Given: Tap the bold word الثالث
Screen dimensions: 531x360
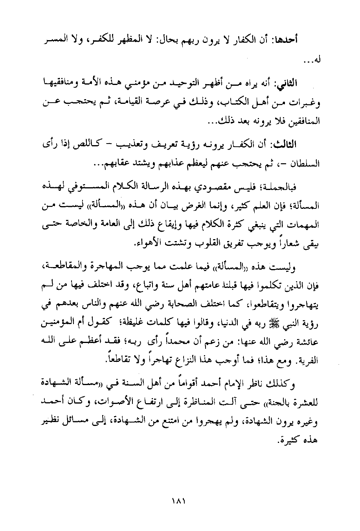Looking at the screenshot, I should coord(307,144).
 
